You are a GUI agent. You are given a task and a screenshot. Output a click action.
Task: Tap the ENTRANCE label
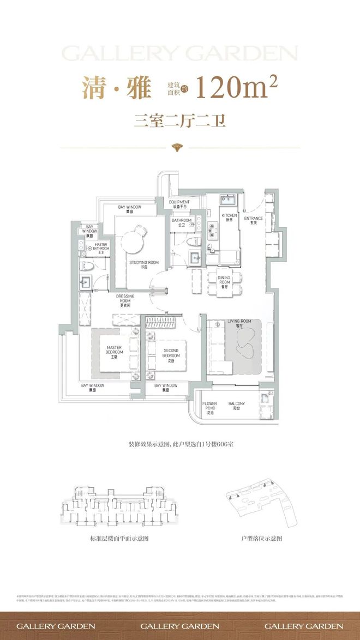click(x=253, y=221)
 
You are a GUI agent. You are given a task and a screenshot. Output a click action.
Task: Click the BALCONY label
click(x=237, y=406)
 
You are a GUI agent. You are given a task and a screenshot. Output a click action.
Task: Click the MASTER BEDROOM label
click(x=115, y=352)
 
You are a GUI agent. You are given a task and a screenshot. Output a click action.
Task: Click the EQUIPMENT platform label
click(x=179, y=204)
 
